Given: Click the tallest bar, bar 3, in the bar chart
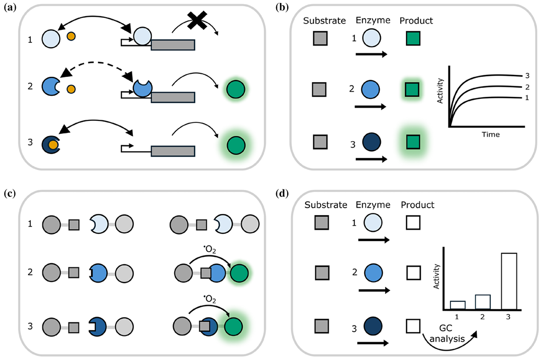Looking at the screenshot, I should (509, 281).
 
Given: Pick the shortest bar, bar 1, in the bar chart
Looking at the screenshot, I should (457, 305).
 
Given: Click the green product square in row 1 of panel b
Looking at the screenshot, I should (415, 39).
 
